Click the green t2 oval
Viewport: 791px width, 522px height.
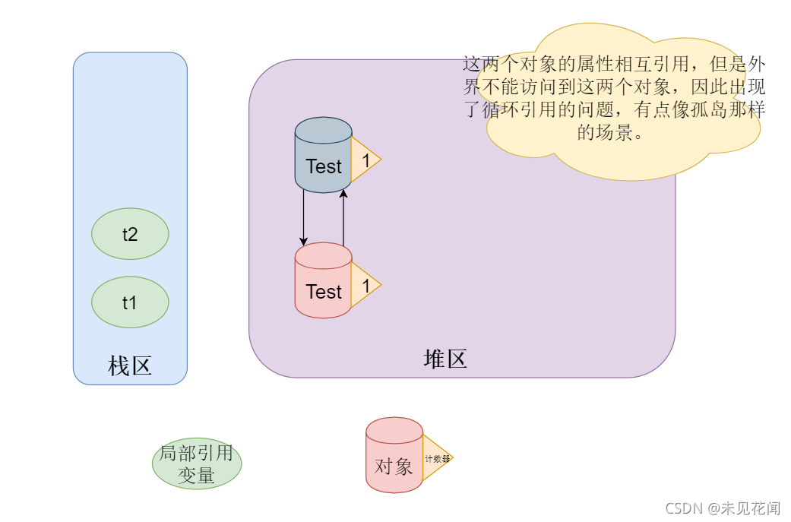(130, 234)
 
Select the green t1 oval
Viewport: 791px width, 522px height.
(130, 302)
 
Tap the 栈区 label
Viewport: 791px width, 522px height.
(130, 366)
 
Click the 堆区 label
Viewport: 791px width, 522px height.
(445, 359)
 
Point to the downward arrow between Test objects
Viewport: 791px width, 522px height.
(304, 217)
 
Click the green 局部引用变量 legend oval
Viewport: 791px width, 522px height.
(197, 465)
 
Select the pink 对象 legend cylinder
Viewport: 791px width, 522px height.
(394, 456)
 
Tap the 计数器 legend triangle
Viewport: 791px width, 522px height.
(437, 459)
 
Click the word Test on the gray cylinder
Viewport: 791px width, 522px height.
(324, 166)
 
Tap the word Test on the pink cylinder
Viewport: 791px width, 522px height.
(324, 292)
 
